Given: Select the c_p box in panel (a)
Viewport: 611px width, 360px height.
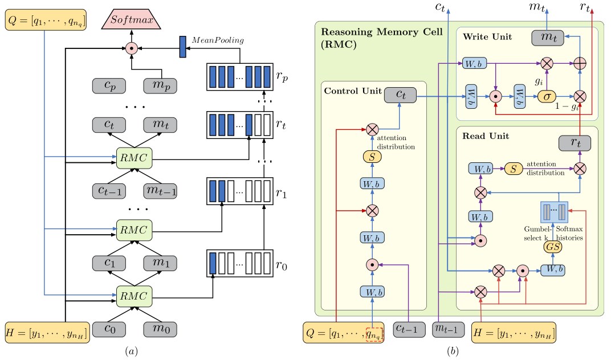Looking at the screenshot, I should (109, 85).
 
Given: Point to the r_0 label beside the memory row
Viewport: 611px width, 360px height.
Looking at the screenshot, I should (281, 265).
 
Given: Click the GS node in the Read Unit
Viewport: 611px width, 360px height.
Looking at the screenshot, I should (553, 247).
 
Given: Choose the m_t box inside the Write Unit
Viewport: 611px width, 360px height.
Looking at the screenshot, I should (548, 38).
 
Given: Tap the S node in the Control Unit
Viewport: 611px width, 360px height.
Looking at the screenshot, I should (372, 156).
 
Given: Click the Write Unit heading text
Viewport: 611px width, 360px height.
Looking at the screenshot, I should (487, 37).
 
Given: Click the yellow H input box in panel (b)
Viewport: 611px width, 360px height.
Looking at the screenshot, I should (514, 332).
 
